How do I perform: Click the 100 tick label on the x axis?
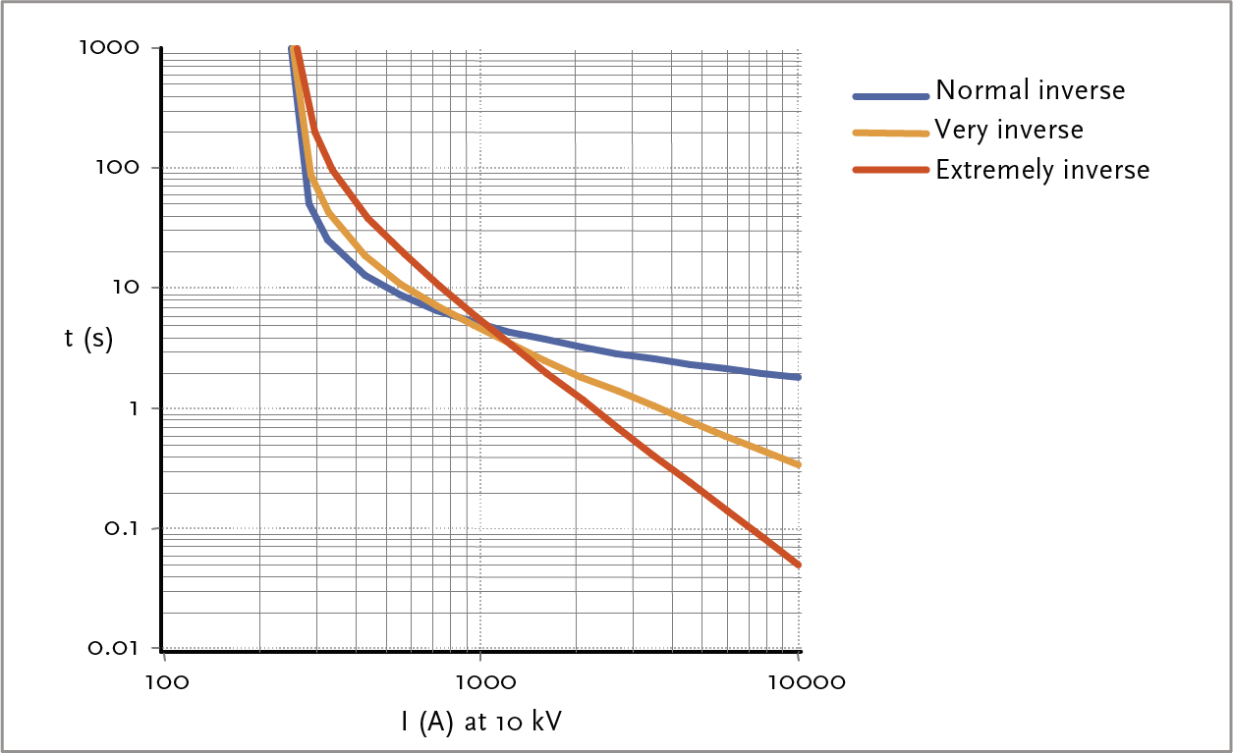[163, 680]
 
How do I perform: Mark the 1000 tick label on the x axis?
[480, 680]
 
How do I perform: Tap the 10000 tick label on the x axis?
[798, 680]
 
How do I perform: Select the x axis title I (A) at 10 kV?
[481, 723]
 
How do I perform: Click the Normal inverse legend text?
[1030, 90]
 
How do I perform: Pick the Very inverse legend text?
[1009, 130]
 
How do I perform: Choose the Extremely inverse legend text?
[1041, 170]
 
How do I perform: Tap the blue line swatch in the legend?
[890, 96]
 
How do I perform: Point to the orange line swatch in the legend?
[890, 133]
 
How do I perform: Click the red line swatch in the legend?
[890, 170]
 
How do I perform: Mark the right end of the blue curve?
[799, 377]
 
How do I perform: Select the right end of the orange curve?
[799, 464]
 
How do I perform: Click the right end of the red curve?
[799, 565]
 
